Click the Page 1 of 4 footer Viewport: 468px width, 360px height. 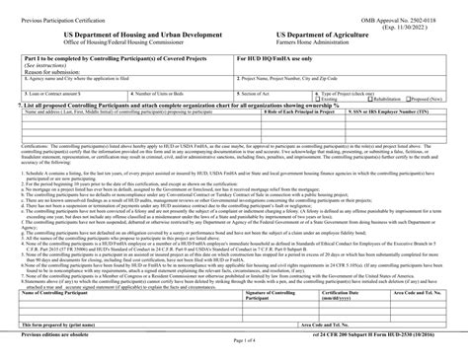(234, 341)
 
